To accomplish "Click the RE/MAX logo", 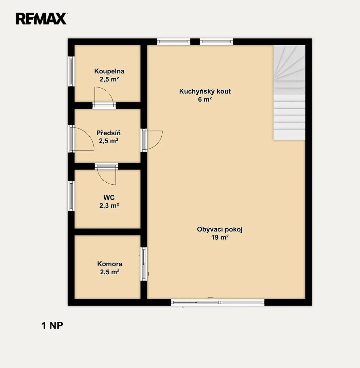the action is pyautogui.click(x=41, y=18).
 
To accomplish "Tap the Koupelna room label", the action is pyautogui.click(x=109, y=71).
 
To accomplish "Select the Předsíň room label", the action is pyautogui.click(x=108, y=133).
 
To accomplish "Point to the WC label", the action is pyautogui.click(x=109, y=197).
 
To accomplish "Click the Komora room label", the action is pyautogui.click(x=110, y=264).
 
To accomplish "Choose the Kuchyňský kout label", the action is pyautogui.click(x=205, y=91).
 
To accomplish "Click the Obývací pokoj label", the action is pyautogui.click(x=220, y=229).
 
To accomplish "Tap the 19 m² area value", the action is pyautogui.click(x=220, y=237).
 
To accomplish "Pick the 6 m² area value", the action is pyautogui.click(x=205, y=99).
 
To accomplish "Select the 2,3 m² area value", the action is pyautogui.click(x=109, y=205).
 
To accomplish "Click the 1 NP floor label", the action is pyautogui.click(x=52, y=325).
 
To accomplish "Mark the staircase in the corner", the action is pyautogui.click(x=289, y=92).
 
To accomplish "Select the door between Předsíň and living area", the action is pyautogui.click(x=152, y=140).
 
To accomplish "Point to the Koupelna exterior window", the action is pyautogui.click(x=71, y=71).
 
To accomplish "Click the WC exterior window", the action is pyautogui.click(x=71, y=196).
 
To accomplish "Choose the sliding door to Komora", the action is pyautogui.click(x=144, y=264).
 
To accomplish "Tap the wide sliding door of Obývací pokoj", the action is pyautogui.click(x=218, y=302).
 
